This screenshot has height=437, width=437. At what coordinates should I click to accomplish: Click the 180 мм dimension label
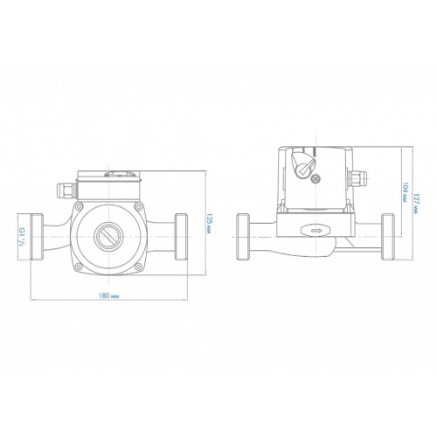coord(108,295)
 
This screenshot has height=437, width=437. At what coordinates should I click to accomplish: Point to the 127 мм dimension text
coord(415,205)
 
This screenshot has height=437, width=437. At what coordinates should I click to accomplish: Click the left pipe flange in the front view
coord(38,237)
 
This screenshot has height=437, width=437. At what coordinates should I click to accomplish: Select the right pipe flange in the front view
coord(181,237)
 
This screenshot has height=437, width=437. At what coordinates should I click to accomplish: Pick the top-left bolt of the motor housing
coord(78,207)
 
